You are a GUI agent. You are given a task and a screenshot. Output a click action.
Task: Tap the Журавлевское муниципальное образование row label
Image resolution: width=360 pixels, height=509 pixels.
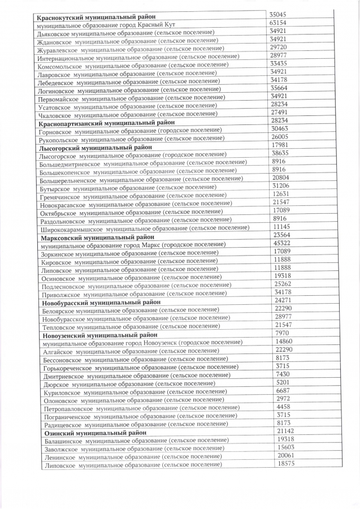(x=128, y=49)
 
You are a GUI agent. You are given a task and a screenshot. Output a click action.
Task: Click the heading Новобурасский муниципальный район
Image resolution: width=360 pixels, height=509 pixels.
(x=101, y=302)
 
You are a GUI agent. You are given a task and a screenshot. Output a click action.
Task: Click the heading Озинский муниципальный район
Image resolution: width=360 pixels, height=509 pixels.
(x=94, y=433)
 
